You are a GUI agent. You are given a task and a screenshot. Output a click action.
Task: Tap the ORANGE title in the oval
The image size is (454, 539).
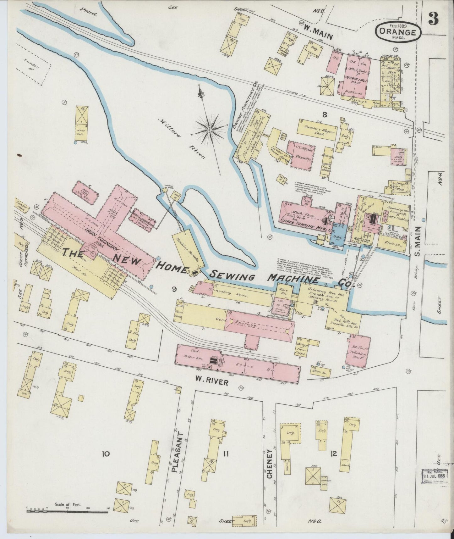coord(398,32)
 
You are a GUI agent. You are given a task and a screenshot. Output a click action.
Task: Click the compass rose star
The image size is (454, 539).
coord(209,129)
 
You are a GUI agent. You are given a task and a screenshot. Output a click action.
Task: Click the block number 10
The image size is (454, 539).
coord(105,454)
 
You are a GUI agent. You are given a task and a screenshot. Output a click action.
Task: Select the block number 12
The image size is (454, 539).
coord(333,454)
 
